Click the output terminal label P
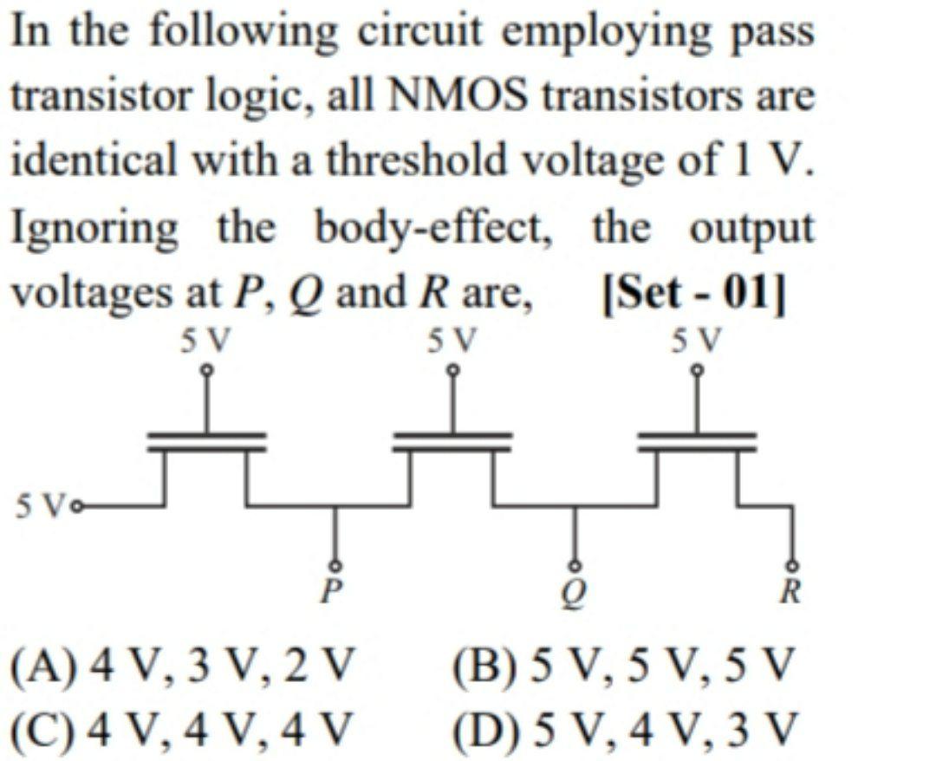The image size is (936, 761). (328, 591)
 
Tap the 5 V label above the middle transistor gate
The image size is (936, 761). (452, 338)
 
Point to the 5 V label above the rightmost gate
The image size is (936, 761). (697, 338)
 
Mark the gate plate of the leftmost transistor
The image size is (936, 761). (206, 436)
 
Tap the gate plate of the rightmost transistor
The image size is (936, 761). (697, 436)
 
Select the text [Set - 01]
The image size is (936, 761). (693, 294)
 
